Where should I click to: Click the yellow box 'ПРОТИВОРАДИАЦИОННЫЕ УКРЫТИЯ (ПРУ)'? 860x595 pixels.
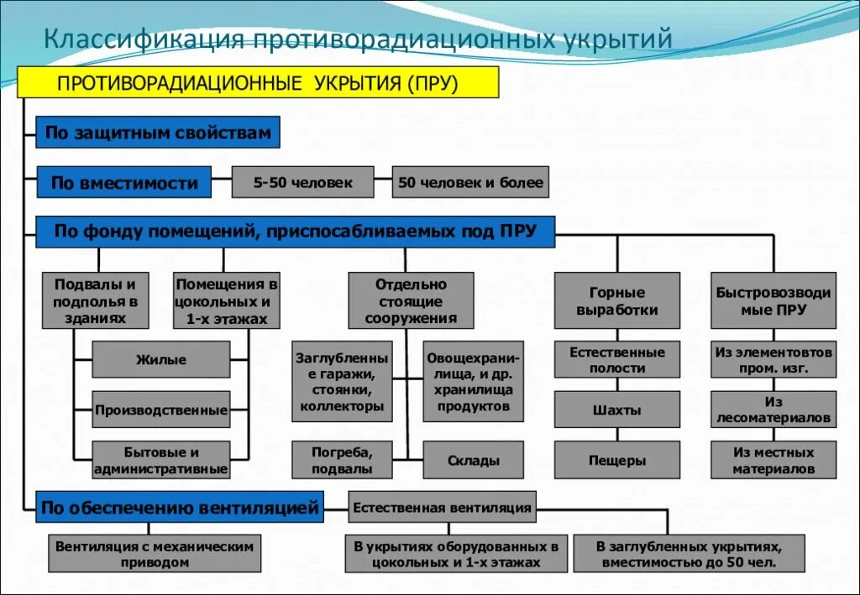[x=259, y=82]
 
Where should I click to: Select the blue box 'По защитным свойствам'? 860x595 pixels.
[x=158, y=133]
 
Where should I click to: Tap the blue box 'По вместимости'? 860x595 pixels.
[x=123, y=182]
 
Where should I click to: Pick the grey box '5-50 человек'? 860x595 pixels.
[x=302, y=182]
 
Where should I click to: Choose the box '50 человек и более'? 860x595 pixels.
[x=470, y=182]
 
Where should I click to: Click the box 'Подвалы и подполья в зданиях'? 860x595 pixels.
[x=95, y=300]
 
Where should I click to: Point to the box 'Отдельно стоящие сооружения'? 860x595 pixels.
[x=411, y=300]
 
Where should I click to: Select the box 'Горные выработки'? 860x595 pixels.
[x=617, y=300]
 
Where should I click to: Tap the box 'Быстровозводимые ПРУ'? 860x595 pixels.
[x=773, y=300]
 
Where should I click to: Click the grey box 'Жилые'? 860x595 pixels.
[x=160, y=360]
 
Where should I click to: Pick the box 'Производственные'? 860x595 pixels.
[x=160, y=410]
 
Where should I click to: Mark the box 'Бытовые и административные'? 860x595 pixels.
[x=160, y=460]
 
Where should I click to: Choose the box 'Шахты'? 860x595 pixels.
[x=617, y=410]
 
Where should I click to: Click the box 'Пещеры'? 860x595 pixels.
[x=617, y=460]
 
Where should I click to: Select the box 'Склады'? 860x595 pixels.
[x=474, y=460]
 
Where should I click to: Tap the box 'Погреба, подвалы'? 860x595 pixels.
[x=342, y=460]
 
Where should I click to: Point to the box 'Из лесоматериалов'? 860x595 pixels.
[x=773, y=410]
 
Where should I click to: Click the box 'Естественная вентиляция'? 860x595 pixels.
[x=442, y=507]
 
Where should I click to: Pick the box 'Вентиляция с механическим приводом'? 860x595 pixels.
[x=155, y=554]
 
